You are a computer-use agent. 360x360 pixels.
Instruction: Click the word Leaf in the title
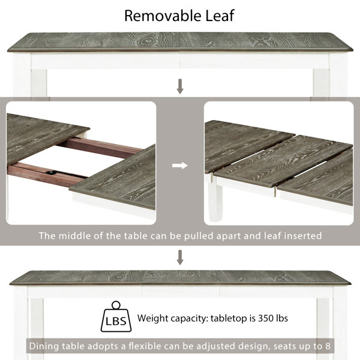220,16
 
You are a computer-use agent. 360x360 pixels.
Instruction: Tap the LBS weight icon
116,316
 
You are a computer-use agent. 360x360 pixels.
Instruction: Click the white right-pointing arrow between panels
180,166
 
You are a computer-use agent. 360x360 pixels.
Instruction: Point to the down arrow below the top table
180,86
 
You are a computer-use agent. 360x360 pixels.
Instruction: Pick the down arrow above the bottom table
180,257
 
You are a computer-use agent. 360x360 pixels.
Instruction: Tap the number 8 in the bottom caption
328,346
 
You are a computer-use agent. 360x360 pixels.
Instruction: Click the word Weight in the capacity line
152,319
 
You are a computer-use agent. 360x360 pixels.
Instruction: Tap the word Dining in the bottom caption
44,346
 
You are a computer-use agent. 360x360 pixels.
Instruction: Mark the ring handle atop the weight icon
116,305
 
